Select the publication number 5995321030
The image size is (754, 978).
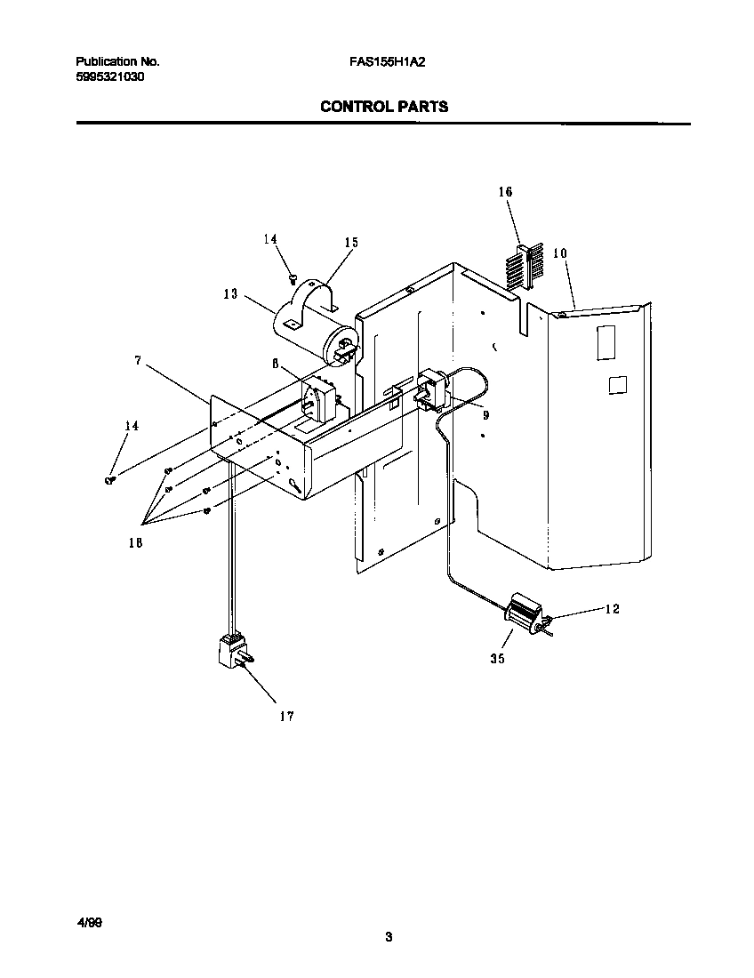pyautogui.click(x=110, y=77)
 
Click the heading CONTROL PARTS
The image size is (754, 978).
pyautogui.click(x=383, y=107)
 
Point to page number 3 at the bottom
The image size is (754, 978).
pyautogui.click(x=389, y=936)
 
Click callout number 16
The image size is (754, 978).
pyautogui.click(x=505, y=192)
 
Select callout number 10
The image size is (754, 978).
pyautogui.click(x=559, y=253)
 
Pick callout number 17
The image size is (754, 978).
pyautogui.click(x=285, y=716)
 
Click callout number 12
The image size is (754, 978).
pyautogui.click(x=612, y=609)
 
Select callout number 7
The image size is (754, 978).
pyautogui.click(x=138, y=360)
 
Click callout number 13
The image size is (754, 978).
pyautogui.click(x=230, y=294)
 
